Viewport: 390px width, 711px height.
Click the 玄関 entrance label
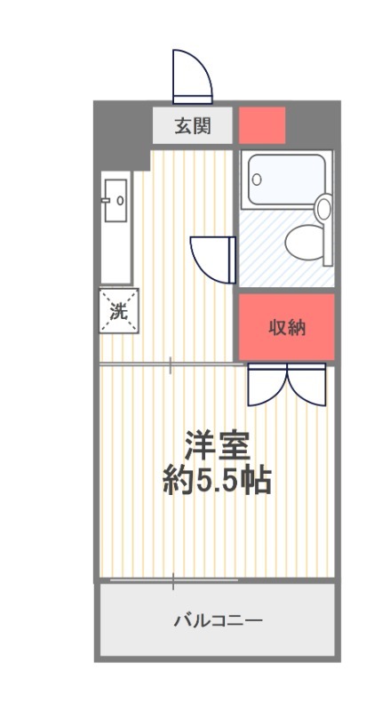(x=193, y=126)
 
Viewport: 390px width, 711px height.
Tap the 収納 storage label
(x=287, y=327)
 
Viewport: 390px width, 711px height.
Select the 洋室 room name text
(x=217, y=446)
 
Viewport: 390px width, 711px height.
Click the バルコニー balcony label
(x=219, y=619)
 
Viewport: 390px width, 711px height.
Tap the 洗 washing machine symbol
(x=119, y=310)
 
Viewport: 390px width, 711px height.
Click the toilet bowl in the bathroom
(x=305, y=243)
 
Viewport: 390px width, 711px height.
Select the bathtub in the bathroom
(x=287, y=180)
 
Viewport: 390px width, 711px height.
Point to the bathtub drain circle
(x=257, y=180)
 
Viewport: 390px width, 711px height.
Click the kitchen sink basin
(x=115, y=201)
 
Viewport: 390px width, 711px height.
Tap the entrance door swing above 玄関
(x=193, y=76)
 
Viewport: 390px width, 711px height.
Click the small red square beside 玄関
(x=262, y=125)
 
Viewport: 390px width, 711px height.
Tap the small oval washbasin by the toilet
(x=323, y=208)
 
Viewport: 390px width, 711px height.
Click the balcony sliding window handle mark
(x=173, y=581)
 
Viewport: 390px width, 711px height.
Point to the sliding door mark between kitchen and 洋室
(x=170, y=364)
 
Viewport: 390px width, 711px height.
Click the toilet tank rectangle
(x=328, y=231)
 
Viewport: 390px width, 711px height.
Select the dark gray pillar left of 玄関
(x=123, y=135)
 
